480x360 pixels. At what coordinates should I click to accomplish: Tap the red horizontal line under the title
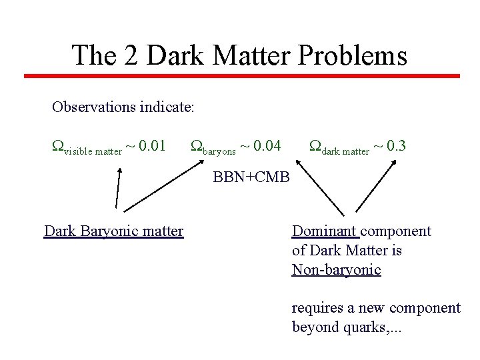tap(241, 76)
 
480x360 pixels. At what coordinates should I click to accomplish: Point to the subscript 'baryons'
tap(219, 151)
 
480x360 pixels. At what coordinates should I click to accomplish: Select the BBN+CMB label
tap(251, 177)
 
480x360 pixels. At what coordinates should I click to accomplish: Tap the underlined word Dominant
tap(325, 231)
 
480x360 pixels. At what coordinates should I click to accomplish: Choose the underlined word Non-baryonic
tap(336, 270)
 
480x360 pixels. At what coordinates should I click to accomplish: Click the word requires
tap(315, 308)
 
